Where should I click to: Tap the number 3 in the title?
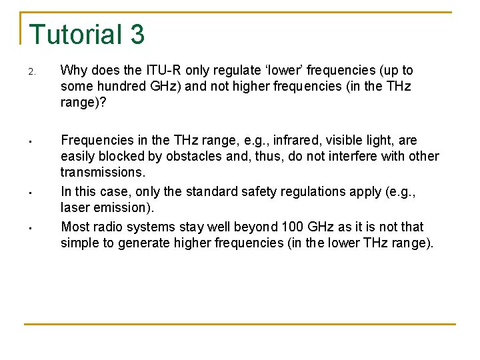(137, 35)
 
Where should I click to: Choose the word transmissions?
(103, 173)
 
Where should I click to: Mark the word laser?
(75, 208)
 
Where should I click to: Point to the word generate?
(145, 243)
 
